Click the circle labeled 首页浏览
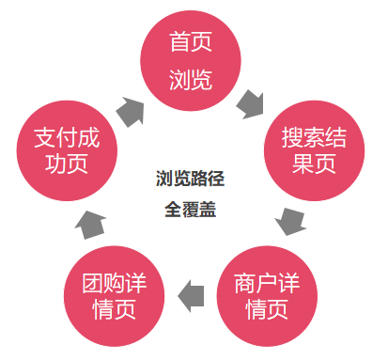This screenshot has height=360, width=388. (x=190, y=58)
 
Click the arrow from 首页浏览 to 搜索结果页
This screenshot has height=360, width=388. (x=251, y=102)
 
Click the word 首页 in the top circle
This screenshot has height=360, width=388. (x=190, y=42)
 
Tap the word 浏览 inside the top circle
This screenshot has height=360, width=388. (x=190, y=80)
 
